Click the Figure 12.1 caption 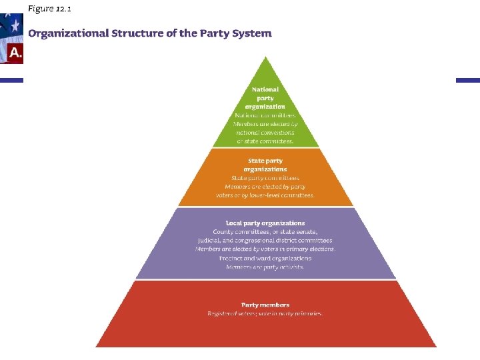(x=49, y=8)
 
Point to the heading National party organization (x=265, y=98)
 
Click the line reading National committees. (x=265, y=115)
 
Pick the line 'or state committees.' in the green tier (x=265, y=141)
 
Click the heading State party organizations (x=265, y=165)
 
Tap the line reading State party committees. (x=265, y=178)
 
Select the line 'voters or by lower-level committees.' (x=265, y=195)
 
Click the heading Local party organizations (x=265, y=223)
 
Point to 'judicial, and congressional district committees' (x=265, y=240)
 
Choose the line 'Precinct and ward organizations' (x=265, y=258)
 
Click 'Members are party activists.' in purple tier (x=265, y=267)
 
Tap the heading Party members (x=265, y=305)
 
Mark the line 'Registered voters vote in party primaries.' (x=265, y=313)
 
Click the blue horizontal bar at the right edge (x=467, y=80)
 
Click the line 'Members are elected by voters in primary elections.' (x=265, y=249)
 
